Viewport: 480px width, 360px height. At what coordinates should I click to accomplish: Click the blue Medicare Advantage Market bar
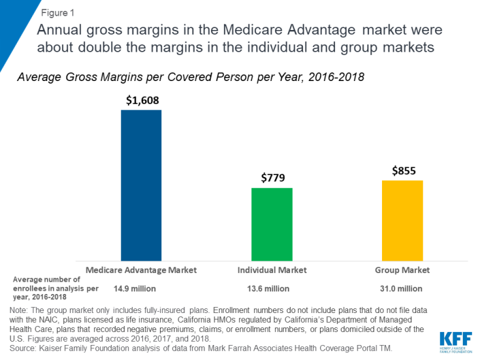(141, 186)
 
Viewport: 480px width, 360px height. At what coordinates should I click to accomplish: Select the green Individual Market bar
(272, 225)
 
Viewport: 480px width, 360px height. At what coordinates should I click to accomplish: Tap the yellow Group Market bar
(403, 221)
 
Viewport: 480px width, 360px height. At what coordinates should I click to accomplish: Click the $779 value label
(272, 178)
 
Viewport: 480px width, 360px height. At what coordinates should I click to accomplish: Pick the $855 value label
(403, 170)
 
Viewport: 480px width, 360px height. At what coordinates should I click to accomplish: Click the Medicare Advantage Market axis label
(141, 269)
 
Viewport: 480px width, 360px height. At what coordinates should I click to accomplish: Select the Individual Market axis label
(272, 269)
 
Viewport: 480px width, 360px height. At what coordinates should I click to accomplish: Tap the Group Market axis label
(403, 269)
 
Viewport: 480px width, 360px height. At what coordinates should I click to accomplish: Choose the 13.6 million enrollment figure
(272, 288)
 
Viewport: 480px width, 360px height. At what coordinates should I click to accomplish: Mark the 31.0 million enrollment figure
(403, 288)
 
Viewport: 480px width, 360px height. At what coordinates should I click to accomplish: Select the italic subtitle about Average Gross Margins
(190, 76)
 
